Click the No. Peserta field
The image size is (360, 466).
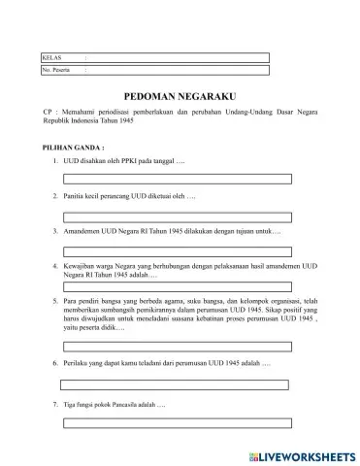coord(175,71)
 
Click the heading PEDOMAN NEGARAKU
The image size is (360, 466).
coord(180,98)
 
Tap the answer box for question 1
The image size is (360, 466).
coord(177,178)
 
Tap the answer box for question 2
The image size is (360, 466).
coord(177,214)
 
